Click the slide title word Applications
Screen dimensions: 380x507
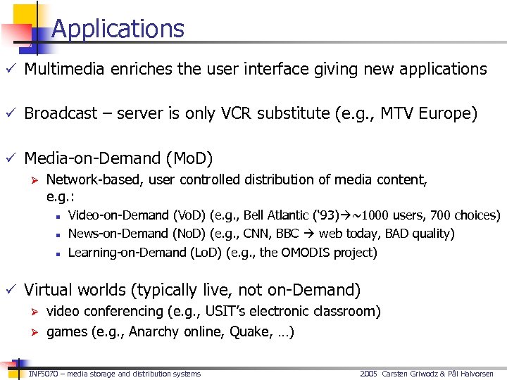point(118,29)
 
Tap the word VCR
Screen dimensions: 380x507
point(270,113)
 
